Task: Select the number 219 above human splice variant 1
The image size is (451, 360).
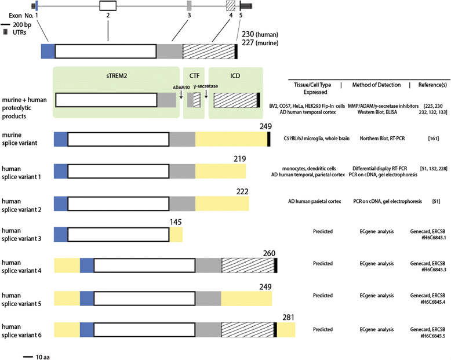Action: coord(239,158)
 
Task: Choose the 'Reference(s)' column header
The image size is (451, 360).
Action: coord(432,85)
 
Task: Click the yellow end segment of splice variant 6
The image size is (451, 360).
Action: coord(286,330)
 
